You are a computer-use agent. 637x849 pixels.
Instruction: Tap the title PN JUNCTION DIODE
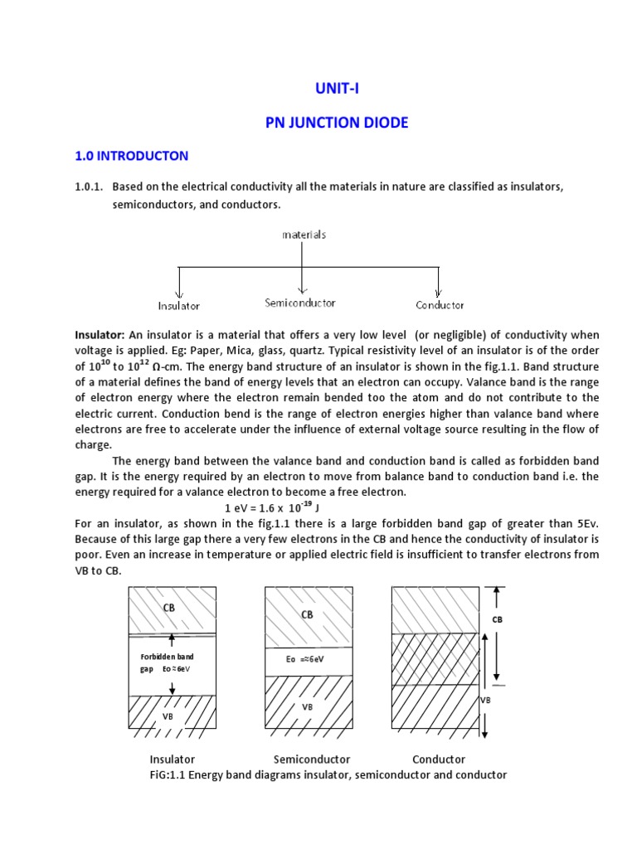pyautogui.click(x=337, y=123)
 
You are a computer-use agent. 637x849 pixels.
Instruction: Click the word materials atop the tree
pyautogui.click(x=304, y=235)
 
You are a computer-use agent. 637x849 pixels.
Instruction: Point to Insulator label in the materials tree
pyautogui.click(x=179, y=306)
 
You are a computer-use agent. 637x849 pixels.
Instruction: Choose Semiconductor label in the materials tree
pyautogui.click(x=300, y=303)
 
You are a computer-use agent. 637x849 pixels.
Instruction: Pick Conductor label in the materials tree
pyautogui.click(x=440, y=305)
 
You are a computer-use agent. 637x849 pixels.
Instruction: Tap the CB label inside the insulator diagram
pyautogui.click(x=168, y=609)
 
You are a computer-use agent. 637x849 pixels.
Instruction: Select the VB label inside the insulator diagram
pyautogui.click(x=168, y=714)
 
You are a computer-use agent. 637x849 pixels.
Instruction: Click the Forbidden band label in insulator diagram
pyautogui.click(x=168, y=656)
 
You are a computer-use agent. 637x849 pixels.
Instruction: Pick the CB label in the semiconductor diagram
pyautogui.click(x=307, y=615)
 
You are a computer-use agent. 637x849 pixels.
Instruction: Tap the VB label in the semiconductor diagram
pyautogui.click(x=307, y=707)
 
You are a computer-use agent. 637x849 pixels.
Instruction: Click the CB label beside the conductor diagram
pyautogui.click(x=498, y=619)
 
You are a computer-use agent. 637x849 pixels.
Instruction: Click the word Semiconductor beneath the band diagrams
pyautogui.click(x=312, y=759)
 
